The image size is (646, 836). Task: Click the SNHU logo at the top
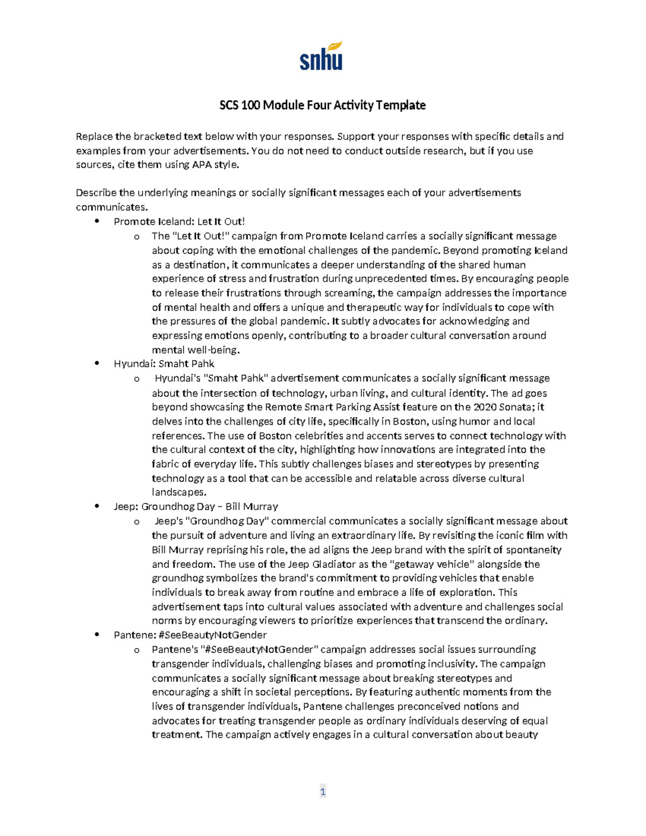tap(321, 57)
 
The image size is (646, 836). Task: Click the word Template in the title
tap(401, 105)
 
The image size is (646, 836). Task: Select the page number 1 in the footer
tap(322, 791)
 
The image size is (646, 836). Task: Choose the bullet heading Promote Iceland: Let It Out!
tap(179, 221)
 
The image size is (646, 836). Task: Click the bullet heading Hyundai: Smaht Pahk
tap(164, 363)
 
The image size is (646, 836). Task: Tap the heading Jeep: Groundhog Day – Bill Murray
tap(195, 507)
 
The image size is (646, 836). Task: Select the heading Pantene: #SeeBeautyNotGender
tap(190, 635)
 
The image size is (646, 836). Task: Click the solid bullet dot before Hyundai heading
tap(97, 363)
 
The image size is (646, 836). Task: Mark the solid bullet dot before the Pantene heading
tap(97, 635)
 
